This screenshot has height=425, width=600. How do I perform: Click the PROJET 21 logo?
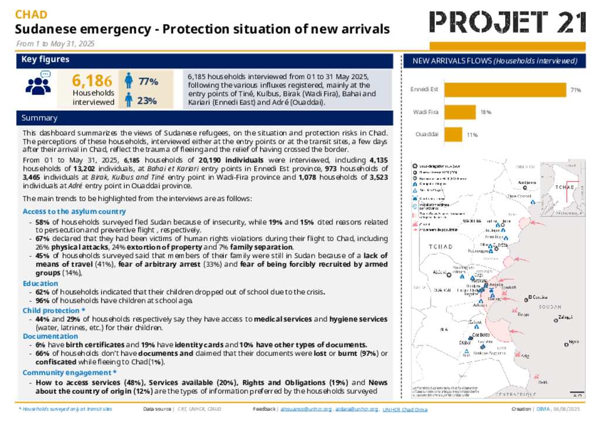[507, 22]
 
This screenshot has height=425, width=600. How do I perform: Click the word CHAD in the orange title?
[31, 15]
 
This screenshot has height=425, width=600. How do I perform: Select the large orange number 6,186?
[91, 81]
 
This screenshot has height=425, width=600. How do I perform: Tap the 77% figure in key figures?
[147, 81]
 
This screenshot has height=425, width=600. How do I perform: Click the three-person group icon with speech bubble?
[38, 83]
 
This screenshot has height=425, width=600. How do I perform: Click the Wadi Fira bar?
[460, 112]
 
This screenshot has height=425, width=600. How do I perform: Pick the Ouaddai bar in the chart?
[453, 134]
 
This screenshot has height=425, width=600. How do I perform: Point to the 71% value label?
[575, 90]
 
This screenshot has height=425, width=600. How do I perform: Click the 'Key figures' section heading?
[45, 60]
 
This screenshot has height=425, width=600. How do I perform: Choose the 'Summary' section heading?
[39, 118]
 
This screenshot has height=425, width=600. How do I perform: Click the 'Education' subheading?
[40, 283]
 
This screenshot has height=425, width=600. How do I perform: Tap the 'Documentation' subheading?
[49, 336]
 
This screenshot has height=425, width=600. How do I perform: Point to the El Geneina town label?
[537, 297]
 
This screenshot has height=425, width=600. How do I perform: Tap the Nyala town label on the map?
[573, 342]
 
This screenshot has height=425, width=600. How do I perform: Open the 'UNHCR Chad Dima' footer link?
[405, 409]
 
